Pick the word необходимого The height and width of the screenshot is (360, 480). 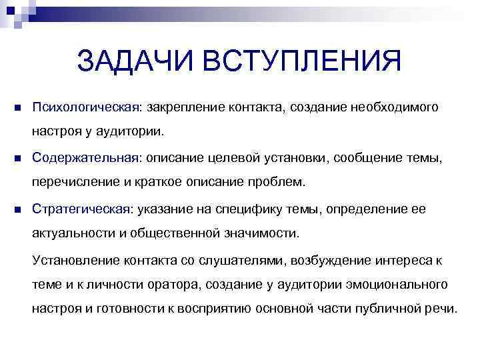click(395, 107)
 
